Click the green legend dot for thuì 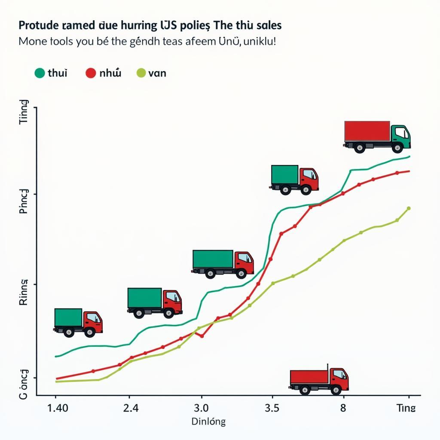[x=40, y=73]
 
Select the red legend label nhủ [x=110, y=73]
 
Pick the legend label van [x=157, y=73]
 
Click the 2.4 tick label [x=131, y=407]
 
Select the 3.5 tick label [x=272, y=407]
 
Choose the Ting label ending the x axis [x=406, y=407]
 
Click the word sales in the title [x=268, y=25]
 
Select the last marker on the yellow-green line [x=408, y=208]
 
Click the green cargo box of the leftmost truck [x=68, y=318]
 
